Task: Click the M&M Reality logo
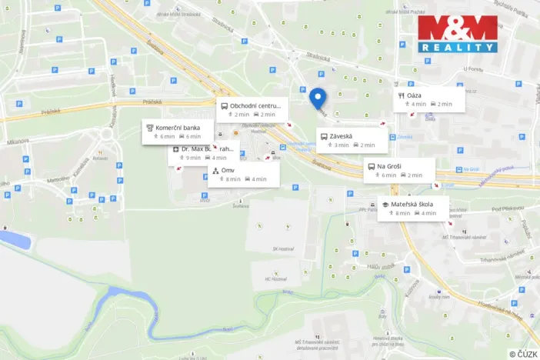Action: coord(458,34)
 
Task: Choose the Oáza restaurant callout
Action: coord(430,99)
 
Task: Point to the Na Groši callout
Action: coord(399,170)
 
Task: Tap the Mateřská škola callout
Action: coord(413,208)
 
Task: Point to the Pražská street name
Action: coord(153,101)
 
